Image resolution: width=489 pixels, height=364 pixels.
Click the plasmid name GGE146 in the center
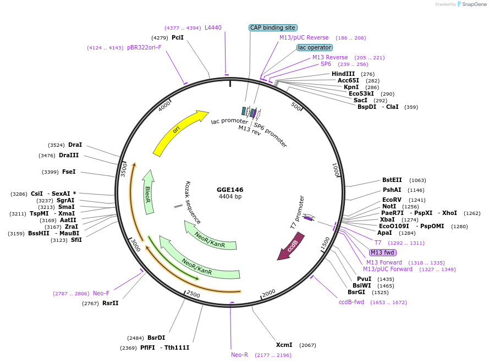point(230,190)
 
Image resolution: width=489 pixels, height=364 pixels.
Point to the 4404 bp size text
point(230,197)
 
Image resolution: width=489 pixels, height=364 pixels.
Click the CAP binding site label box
point(273,27)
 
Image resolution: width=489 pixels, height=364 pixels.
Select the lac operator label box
point(314,47)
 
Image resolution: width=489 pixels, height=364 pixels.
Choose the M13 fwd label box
point(382,252)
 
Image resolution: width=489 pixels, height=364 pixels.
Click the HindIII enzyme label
point(343,74)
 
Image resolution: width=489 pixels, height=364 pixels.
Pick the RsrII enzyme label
point(110,303)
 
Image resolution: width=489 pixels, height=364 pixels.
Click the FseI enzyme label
point(69,172)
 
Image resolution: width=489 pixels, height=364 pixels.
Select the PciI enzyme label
point(178,37)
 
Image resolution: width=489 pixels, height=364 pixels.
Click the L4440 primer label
point(213,27)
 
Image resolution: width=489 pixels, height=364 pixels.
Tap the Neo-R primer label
point(239,355)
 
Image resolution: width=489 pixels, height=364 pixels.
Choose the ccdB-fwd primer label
point(351,302)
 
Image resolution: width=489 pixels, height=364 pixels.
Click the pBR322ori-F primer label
point(144,47)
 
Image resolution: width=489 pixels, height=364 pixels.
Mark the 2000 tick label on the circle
point(268,294)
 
